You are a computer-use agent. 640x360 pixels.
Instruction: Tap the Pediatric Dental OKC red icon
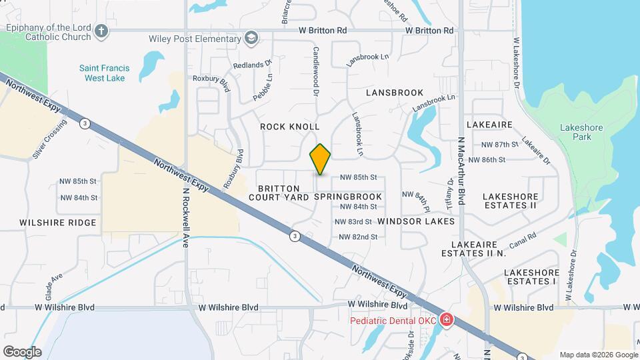(x=445, y=321)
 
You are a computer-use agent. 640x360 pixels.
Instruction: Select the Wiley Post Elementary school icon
(x=251, y=37)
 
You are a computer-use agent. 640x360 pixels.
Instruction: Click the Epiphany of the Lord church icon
(x=101, y=30)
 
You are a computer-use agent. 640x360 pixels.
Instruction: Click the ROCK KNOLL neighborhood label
(x=290, y=127)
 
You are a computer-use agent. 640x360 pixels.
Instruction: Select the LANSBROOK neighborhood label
(x=394, y=93)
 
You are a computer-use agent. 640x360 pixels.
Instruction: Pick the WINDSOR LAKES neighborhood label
(x=416, y=221)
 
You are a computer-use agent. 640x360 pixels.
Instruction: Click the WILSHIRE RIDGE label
(x=58, y=223)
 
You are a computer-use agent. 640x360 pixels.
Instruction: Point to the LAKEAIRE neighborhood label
(x=489, y=125)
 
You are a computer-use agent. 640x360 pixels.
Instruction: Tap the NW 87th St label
(x=499, y=145)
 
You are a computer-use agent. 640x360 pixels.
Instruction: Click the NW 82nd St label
(x=358, y=237)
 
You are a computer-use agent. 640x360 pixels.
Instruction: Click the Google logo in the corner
(x=22, y=351)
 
